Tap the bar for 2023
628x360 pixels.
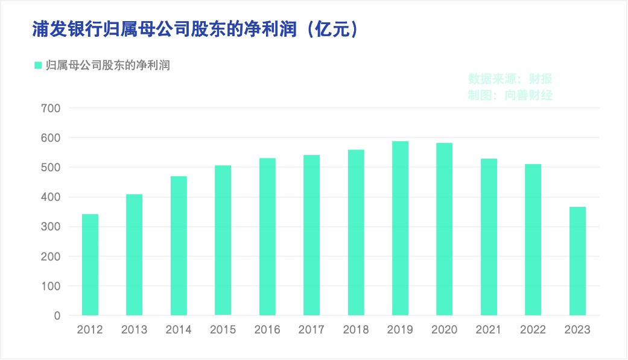577,261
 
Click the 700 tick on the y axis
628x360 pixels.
51,109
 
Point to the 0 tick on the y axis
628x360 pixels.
57,315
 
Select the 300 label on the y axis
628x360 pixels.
51,227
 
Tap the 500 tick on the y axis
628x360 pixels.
51,168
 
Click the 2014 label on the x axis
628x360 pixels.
179,330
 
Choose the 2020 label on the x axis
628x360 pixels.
445,330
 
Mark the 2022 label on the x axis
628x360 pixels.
533,330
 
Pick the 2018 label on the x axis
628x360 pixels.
356,330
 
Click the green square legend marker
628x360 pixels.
38,65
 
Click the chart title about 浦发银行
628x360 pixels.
163,30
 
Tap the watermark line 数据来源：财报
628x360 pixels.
510,79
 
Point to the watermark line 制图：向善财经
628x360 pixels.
510,95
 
